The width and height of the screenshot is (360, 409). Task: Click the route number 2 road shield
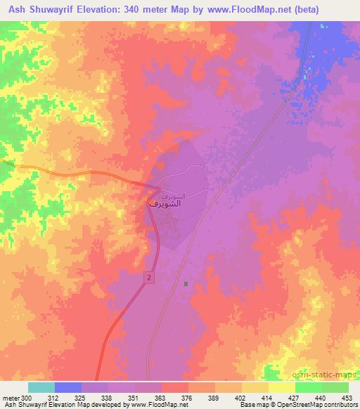click(150, 279)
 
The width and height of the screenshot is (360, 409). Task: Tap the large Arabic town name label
click(166, 202)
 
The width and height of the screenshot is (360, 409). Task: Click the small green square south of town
click(186, 284)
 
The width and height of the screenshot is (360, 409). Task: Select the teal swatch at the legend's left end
click(41, 387)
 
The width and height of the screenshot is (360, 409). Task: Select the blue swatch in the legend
click(68, 387)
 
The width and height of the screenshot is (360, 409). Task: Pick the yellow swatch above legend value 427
click(282, 387)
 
